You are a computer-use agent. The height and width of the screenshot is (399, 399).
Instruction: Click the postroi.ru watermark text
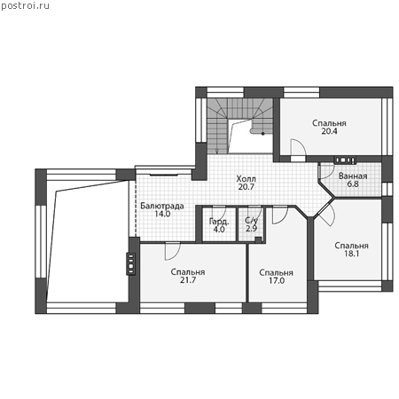[26, 6]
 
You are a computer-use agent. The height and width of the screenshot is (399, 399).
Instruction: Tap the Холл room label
[246, 179]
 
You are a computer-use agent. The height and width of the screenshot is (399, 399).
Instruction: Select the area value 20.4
[329, 131]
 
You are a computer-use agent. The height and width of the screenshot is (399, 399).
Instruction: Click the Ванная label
[353, 176]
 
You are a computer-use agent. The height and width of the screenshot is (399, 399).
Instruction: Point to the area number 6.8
[353, 184]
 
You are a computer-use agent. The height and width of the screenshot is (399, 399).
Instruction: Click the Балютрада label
[162, 206]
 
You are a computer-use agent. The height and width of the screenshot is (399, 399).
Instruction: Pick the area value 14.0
[162, 214]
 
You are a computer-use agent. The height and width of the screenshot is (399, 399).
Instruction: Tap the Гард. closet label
[219, 222]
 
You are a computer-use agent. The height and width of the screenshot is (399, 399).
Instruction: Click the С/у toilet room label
[251, 221]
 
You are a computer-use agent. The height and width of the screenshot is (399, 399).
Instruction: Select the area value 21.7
[188, 280]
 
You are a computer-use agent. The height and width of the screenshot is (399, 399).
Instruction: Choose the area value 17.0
[277, 280]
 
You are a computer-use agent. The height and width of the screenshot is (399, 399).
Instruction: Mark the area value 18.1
[351, 254]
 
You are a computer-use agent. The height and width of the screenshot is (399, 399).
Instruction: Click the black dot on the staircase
[262, 134]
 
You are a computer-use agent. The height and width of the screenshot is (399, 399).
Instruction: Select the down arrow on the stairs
[216, 151]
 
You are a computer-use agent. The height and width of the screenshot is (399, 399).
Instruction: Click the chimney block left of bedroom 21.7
[130, 263]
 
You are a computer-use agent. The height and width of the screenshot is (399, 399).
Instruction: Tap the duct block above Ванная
[345, 160]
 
